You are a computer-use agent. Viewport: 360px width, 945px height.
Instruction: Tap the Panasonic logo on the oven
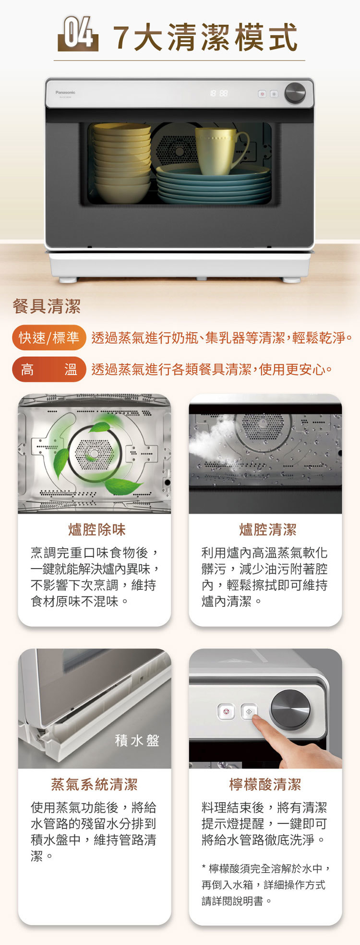[65, 92]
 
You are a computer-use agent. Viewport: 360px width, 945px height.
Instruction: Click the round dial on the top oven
[295, 93]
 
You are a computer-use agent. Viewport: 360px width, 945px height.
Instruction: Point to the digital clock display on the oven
[218, 93]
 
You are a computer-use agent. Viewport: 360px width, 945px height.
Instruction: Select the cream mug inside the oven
[220, 150]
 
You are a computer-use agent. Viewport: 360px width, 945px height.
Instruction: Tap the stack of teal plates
[214, 185]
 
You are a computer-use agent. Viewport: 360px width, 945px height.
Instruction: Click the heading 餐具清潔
[47, 306]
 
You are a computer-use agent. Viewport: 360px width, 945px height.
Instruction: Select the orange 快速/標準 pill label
[49, 338]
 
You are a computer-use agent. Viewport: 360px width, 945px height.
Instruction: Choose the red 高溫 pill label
[49, 369]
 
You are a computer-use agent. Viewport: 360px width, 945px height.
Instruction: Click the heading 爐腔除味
[97, 530]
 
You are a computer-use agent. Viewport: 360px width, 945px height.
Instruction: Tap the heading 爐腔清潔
[268, 530]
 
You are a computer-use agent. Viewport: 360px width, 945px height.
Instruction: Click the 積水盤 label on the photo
[137, 740]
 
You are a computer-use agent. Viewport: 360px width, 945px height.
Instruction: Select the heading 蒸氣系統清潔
[95, 785]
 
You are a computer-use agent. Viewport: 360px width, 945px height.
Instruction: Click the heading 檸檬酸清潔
[265, 785]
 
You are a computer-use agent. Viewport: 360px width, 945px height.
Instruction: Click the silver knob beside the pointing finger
[290, 710]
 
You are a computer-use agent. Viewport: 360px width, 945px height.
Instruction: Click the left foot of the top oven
[68, 279]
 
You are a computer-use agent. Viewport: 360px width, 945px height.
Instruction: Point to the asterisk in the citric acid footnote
[204, 867]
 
